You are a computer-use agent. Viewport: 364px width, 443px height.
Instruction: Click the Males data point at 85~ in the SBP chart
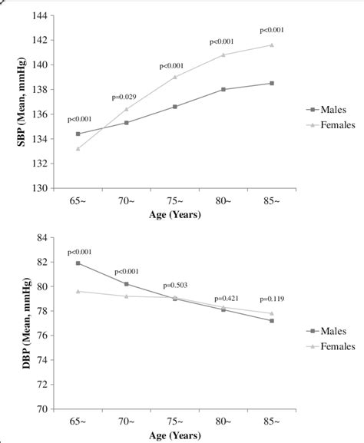click(x=271, y=83)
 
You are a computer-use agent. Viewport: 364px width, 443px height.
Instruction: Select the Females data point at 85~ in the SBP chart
click(x=271, y=45)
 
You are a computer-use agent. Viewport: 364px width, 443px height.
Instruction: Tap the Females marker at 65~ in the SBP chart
click(x=78, y=148)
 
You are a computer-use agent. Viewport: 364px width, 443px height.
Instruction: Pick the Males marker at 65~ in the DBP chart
click(x=78, y=263)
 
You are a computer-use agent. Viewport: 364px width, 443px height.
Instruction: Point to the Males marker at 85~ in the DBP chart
click(x=271, y=321)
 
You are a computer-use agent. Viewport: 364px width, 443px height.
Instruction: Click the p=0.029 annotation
click(x=125, y=98)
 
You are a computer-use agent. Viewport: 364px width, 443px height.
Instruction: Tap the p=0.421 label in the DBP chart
click(x=228, y=297)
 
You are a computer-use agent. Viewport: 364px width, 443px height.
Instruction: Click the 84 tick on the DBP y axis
click(x=43, y=237)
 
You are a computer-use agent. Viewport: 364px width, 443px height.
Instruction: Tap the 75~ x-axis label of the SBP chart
click(x=175, y=201)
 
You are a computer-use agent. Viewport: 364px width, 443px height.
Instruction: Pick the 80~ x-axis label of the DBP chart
click(x=223, y=422)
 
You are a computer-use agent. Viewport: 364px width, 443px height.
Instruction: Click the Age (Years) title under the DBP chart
click(x=175, y=435)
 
